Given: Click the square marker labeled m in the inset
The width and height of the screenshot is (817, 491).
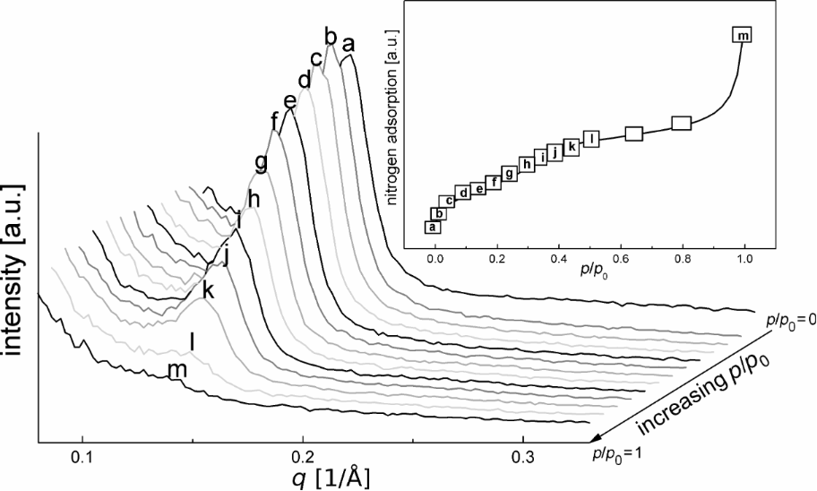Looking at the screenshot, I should pyautogui.click(x=743, y=35).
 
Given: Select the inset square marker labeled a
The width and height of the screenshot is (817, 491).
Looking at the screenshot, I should pyautogui.click(x=433, y=228).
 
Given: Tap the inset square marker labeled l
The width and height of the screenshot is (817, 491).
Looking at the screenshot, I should pyautogui.click(x=590, y=138).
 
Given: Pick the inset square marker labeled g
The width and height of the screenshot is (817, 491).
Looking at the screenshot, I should pyautogui.click(x=510, y=174).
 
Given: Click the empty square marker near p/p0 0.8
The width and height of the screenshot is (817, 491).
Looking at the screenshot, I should pyautogui.click(x=682, y=124).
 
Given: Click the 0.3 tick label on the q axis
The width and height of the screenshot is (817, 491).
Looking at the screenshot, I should pyautogui.click(x=523, y=454).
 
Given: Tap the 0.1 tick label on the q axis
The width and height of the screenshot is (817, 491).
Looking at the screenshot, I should pyautogui.click(x=82, y=454).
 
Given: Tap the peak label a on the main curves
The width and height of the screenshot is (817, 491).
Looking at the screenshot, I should pyautogui.click(x=348, y=43).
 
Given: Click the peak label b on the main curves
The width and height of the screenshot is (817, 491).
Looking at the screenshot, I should pyautogui.click(x=331, y=36).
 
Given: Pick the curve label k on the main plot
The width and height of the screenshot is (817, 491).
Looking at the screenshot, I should pyautogui.click(x=208, y=290).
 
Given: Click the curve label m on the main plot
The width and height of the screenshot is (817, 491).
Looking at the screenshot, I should pyautogui.click(x=177, y=370).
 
